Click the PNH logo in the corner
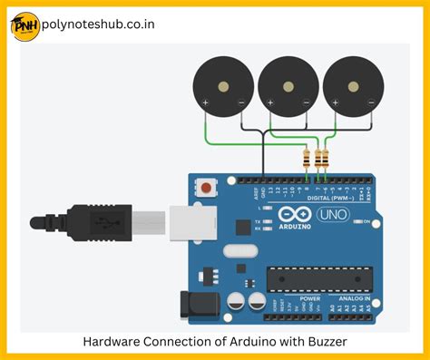(24, 25)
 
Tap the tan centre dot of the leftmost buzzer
(222, 87)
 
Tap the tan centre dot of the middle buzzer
(288, 87)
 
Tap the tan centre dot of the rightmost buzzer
(353, 87)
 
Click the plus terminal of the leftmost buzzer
(206, 103)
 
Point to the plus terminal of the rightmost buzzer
(337, 103)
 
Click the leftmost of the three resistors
(307, 160)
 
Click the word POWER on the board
(310, 297)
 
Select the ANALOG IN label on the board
(355, 297)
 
